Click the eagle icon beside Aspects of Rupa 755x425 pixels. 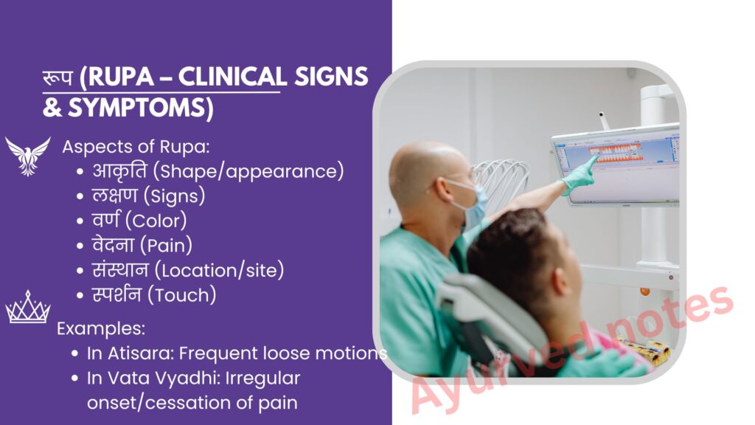(28, 156)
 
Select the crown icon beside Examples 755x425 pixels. (28, 307)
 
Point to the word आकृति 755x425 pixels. (120, 170)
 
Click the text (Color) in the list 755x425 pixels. (156, 221)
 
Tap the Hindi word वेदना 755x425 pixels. (113, 245)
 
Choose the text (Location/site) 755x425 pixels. (219, 270)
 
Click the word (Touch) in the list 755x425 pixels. (182, 295)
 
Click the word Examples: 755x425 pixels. (101, 328)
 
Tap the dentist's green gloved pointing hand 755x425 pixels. (579, 176)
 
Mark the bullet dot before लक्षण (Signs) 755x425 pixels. (80, 196)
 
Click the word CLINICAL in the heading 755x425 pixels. (232, 77)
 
